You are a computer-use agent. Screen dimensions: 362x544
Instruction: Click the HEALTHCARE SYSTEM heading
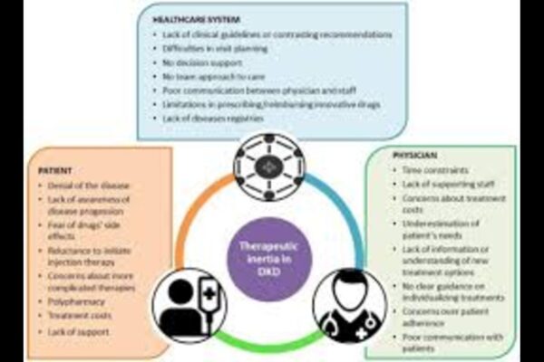[200, 19]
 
